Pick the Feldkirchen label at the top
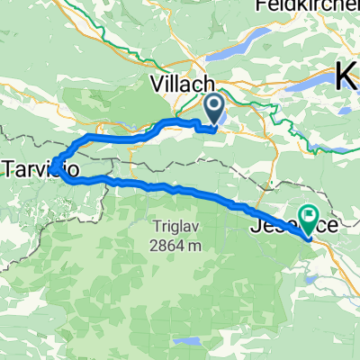[x=307, y=6]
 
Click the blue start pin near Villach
[x=216, y=111]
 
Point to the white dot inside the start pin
[x=216, y=107]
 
